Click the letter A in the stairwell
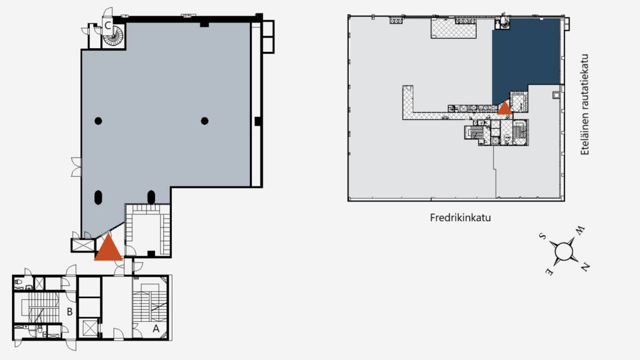(156, 327)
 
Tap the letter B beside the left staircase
(70, 311)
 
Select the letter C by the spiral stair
(107, 26)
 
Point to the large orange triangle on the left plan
(108, 247)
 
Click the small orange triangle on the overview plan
(504, 108)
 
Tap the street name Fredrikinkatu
(460, 218)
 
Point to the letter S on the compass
(542, 236)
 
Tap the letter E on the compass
(549, 272)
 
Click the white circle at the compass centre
(564, 251)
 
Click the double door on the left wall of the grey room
(76, 167)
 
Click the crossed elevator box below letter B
(90, 328)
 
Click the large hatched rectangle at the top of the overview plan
(453, 28)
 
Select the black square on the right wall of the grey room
(257, 121)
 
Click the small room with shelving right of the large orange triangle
(147, 231)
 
